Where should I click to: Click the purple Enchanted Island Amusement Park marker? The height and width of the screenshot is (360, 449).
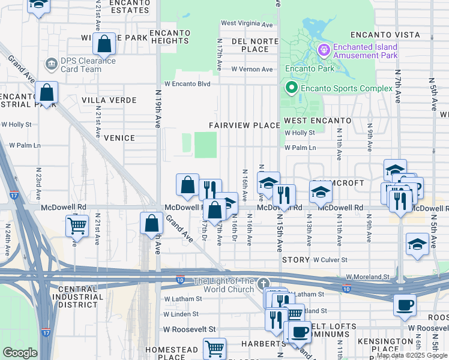[x=324, y=49]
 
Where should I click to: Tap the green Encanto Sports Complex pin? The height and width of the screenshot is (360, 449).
[x=292, y=89]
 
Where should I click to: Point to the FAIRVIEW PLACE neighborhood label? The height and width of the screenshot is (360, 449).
[x=244, y=125]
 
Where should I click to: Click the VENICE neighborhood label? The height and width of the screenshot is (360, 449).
[x=119, y=137]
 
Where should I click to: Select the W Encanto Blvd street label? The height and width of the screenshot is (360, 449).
[x=187, y=85]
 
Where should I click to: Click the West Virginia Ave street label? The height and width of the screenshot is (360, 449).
[x=247, y=24]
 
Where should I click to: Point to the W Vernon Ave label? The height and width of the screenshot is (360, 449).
[x=252, y=70]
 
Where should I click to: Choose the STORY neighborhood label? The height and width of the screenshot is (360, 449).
[x=295, y=260]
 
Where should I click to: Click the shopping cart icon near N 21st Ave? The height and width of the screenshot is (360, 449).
[x=77, y=226]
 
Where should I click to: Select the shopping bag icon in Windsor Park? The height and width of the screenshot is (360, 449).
[x=104, y=43]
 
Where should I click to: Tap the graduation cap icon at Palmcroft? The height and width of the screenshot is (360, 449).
[x=321, y=192]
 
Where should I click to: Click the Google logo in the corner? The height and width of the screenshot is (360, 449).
[x=20, y=353]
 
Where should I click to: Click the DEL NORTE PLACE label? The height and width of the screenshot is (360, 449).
[x=249, y=44]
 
